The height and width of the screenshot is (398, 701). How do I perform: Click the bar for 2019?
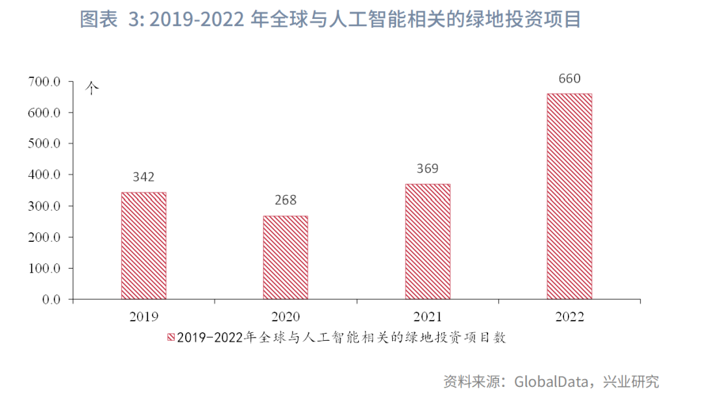tap(143, 246)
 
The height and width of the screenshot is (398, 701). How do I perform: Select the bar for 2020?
tap(286, 258)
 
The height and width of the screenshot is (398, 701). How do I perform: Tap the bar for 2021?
tap(427, 242)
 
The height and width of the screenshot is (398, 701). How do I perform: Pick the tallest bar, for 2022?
tap(569, 196)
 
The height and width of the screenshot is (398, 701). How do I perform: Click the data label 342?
tap(143, 177)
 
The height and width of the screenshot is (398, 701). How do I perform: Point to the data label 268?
tap(286, 200)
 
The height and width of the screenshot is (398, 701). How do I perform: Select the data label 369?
tap(427, 168)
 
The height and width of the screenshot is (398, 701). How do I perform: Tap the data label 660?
tap(569, 79)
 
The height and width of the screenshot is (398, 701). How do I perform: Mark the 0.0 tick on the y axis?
tap(51, 300)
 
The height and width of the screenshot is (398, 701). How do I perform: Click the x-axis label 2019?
tap(143, 317)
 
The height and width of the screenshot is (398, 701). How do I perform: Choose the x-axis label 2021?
tap(427, 317)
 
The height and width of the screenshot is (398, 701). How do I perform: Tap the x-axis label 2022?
tap(569, 317)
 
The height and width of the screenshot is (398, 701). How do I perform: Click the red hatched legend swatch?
tap(171, 338)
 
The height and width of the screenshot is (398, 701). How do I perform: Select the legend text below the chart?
tap(341, 338)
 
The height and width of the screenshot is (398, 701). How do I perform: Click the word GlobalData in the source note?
tap(551, 381)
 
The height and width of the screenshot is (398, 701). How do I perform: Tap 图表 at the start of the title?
tap(98, 20)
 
